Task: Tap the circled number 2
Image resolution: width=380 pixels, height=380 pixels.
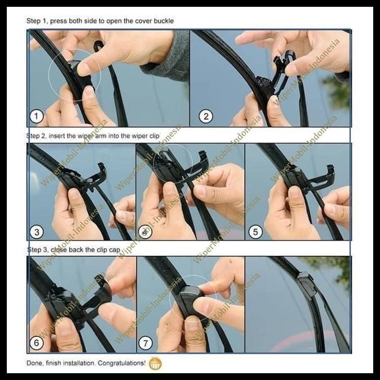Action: (x=206, y=116)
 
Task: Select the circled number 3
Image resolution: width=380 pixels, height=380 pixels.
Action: (x=37, y=231)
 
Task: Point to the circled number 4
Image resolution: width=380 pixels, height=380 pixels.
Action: (x=144, y=231)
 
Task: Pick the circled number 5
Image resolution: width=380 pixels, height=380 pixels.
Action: (x=255, y=231)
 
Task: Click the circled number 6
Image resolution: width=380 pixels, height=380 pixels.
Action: (x=36, y=344)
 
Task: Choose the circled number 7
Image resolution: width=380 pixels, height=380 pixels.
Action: (x=145, y=344)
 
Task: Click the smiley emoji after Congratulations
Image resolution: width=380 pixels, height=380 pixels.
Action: (x=155, y=363)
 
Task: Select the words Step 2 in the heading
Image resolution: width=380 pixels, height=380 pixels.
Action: (x=36, y=136)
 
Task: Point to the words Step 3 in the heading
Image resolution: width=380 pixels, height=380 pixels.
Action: (x=36, y=250)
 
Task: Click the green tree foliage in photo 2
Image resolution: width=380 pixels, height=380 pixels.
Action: (x=338, y=92)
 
